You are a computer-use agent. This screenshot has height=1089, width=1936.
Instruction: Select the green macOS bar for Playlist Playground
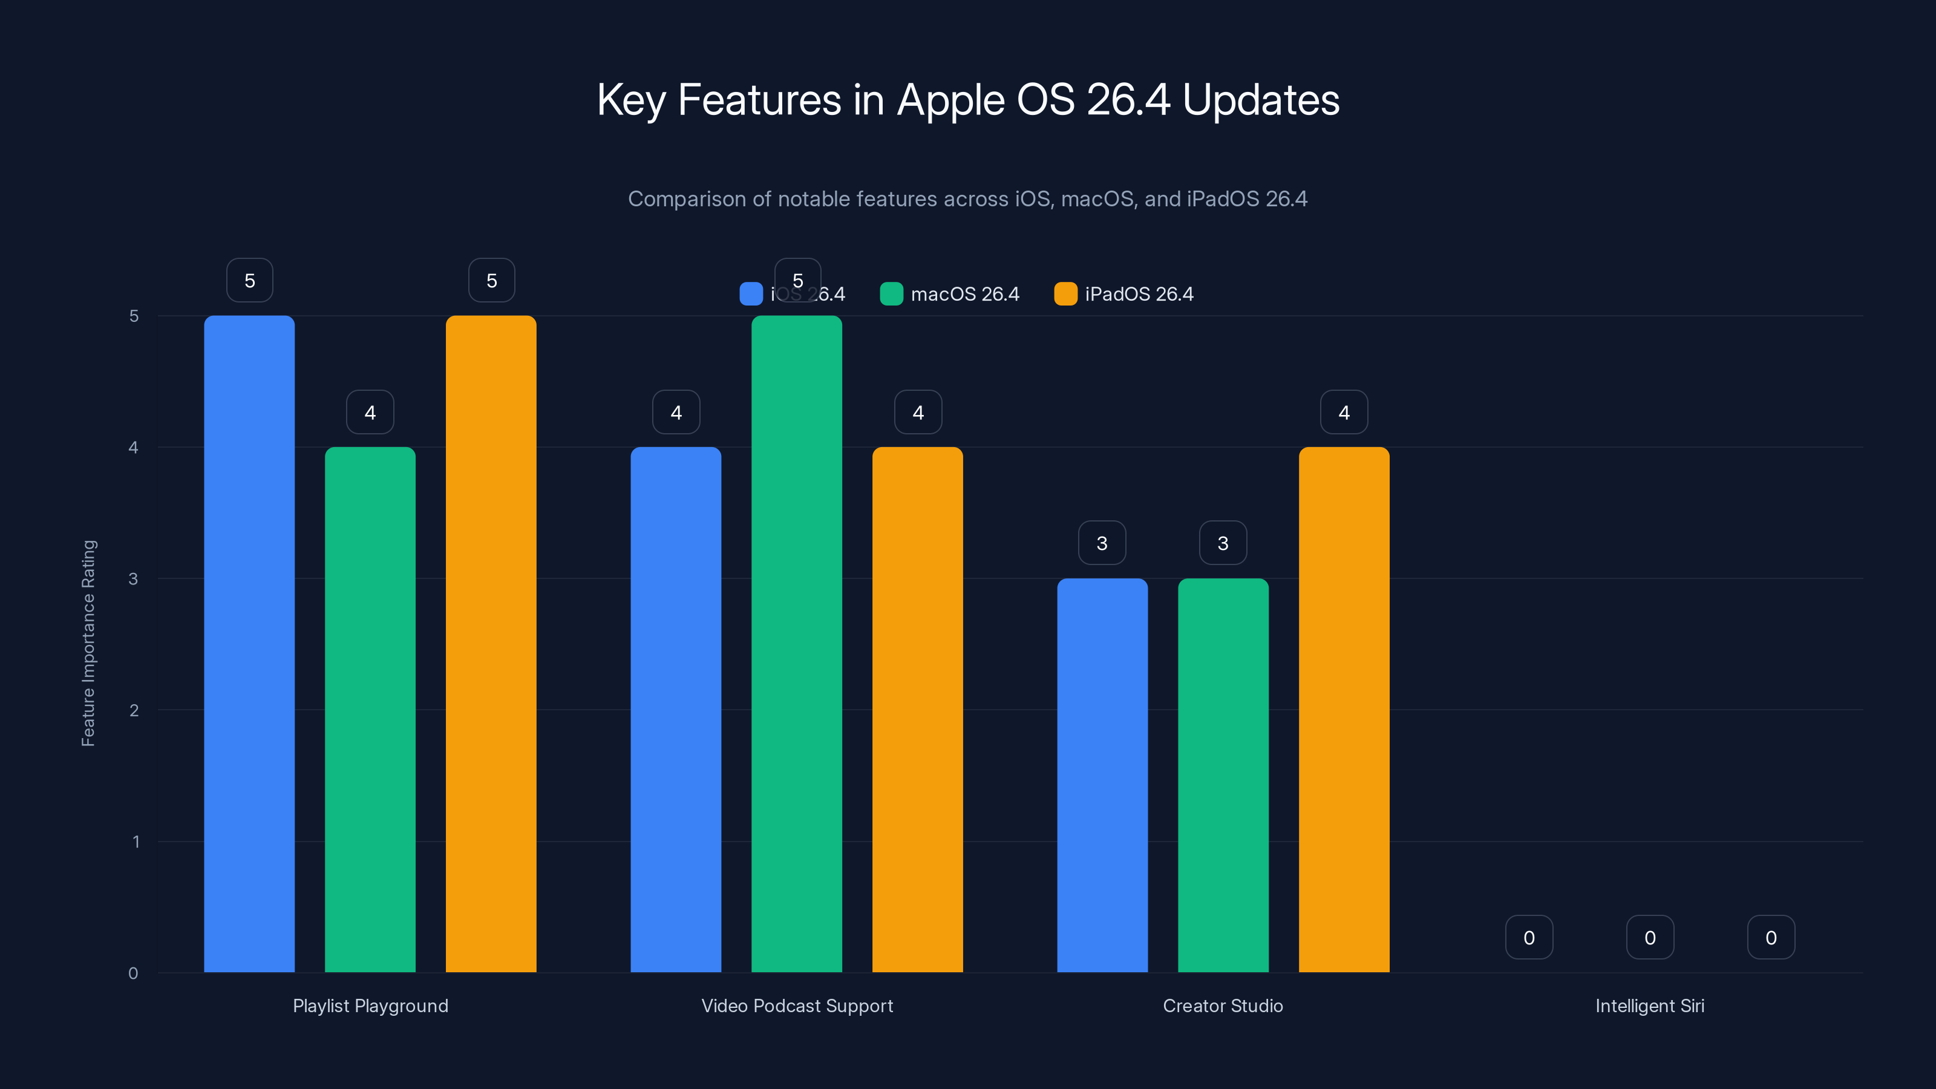pyautogui.click(x=370, y=710)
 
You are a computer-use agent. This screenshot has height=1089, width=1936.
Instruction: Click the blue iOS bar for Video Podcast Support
pyautogui.click(x=676, y=710)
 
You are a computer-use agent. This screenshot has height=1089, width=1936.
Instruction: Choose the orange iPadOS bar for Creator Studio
pyautogui.click(x=1344, y=710)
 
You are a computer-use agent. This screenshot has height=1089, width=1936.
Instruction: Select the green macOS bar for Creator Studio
pyautogui.click(x=1223, y=775)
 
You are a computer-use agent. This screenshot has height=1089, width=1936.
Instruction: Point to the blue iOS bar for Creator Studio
pyautogui.click(x=1102, y=775)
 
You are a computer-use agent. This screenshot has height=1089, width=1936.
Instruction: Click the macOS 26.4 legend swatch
pyautogui.click(x=891, y=294)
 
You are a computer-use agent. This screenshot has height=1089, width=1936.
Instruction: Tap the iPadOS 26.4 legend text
pyautogui.click(x=1139, y=294)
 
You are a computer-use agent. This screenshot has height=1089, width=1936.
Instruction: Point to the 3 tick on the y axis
pyautogui.click(x=134, y=579)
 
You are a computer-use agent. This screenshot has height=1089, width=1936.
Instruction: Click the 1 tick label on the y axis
pyautogui.click(x=136, y=842)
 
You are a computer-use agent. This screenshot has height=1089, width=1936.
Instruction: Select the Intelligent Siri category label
pyautogui.click(x=1650, y=1006)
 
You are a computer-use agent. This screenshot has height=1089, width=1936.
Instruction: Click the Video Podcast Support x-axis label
pyautogui.click(x=797, y=1006)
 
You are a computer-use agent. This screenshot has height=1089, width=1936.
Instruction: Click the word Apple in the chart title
pyautogui.click(x=950, y=100)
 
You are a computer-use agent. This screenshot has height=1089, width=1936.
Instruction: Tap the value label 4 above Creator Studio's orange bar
pyautogui.click(x=1344, y=412)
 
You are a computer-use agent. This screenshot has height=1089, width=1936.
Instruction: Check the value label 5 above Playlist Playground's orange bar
pyautogui.click(x=491, y=280)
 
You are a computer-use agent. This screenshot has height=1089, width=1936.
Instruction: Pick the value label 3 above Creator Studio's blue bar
pyautogui.click(x=1102, y=543)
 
